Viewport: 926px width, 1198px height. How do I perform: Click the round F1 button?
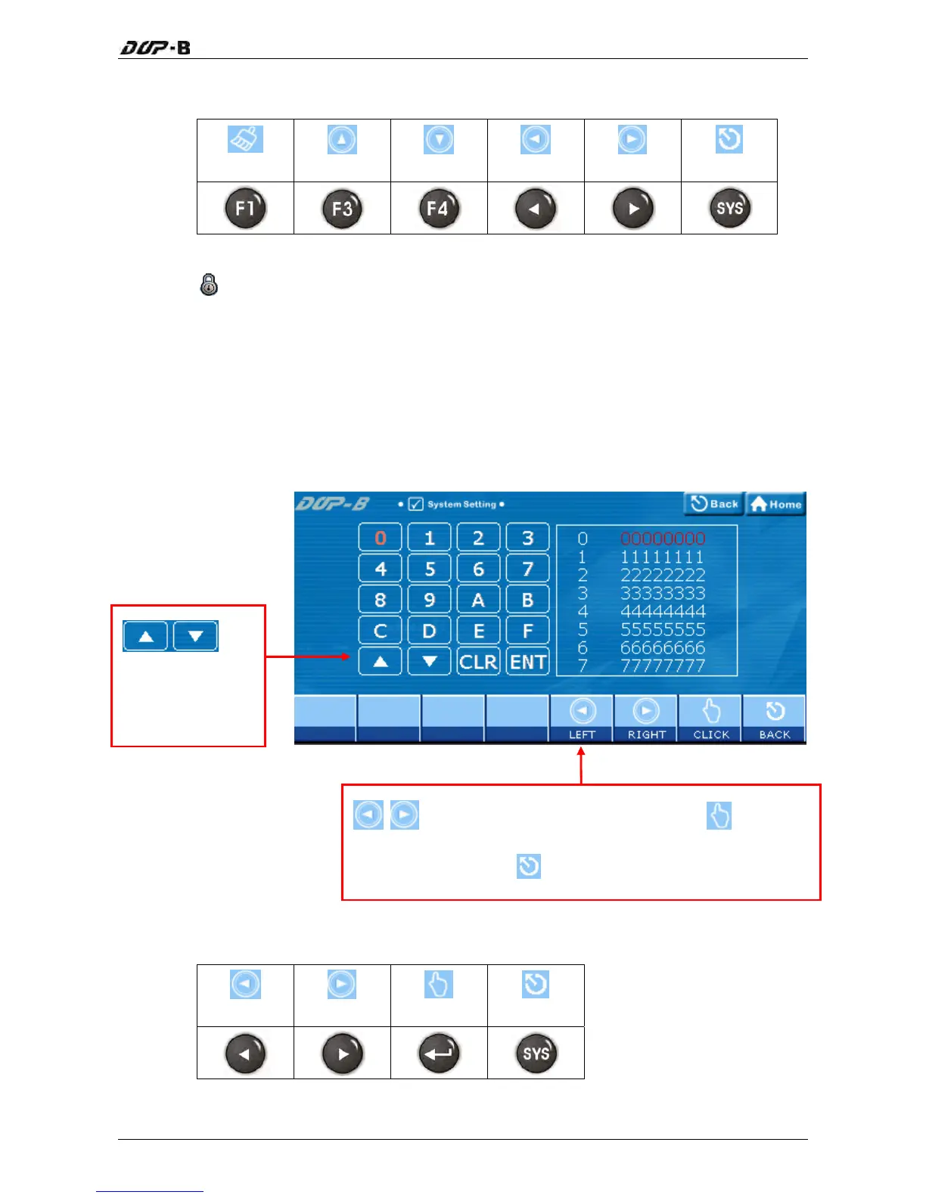coord(245,208)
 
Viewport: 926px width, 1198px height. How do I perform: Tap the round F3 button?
coord(342,208)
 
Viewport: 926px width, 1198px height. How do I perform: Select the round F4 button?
coord(439,208)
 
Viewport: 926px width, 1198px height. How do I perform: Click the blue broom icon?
coord(245,139)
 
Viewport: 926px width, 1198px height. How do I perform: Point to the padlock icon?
coord(209,284)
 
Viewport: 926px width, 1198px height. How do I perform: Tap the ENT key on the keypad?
coord(527,662)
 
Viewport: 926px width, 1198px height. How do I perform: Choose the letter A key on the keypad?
coord(478,600)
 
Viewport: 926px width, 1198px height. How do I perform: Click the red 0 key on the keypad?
coord(380,538)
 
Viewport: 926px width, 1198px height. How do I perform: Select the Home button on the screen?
coord(776,504)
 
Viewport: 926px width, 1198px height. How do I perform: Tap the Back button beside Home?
coord(714,504)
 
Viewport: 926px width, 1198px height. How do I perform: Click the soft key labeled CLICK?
coord(711,718)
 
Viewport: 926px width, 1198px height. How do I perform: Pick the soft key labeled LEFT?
coord(582,718)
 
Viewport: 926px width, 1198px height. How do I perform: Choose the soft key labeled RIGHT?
coord(646,718)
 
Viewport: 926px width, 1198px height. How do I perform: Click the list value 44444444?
coord(663,611)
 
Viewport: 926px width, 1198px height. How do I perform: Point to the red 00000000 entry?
coord(663,538)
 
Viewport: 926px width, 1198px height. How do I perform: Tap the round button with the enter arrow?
coord(439,1054)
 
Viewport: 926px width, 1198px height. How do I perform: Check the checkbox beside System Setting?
coord(415,504)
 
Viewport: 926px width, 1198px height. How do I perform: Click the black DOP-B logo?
coord(155,48)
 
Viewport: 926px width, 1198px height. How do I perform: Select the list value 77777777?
coord(663,666)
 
